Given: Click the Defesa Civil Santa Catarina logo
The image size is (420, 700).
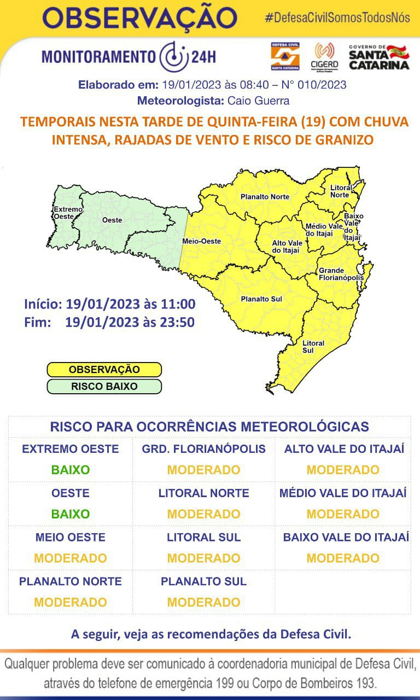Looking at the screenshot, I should [285, 56].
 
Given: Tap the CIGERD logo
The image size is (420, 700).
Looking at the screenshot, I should [324, 56].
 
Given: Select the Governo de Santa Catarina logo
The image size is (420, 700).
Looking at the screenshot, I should [378, 57].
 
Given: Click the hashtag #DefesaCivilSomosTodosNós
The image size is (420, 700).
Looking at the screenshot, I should [337, 17].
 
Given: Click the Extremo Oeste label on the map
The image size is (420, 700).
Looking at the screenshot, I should [67, 213].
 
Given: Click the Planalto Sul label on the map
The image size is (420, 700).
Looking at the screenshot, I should [261, 299].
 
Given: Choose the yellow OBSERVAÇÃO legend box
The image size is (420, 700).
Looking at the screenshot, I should [104, 370].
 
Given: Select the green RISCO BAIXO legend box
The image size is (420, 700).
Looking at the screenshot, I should [104, 387].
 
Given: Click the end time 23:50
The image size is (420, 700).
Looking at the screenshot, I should [177, 322].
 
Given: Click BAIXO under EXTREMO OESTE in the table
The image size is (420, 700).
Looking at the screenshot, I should [70, 470].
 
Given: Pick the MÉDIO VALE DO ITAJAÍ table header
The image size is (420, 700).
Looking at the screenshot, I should [343, 493].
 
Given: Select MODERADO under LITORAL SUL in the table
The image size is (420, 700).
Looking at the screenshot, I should [203, 558].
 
